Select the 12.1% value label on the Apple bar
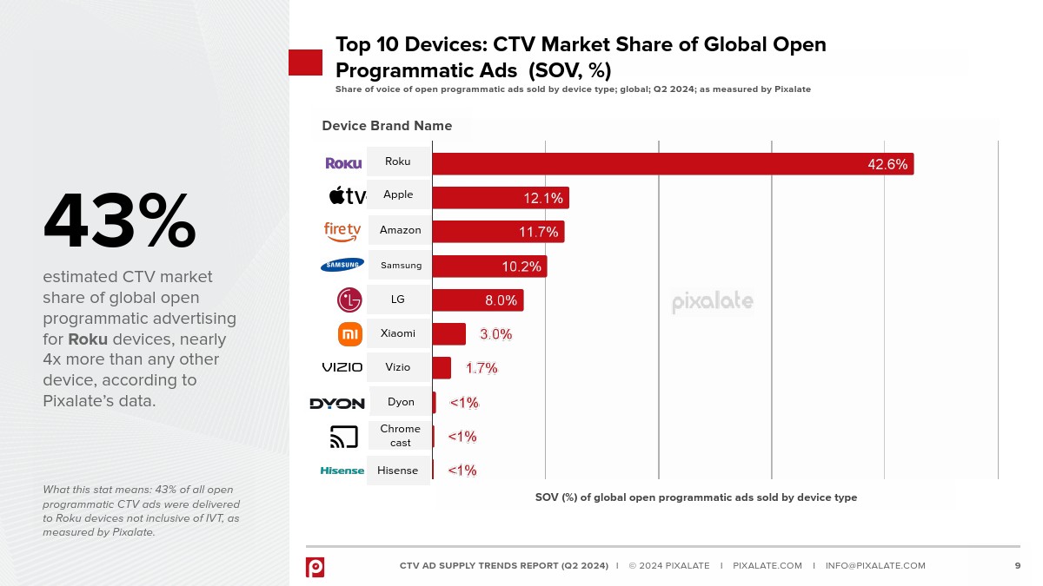pos(543,198)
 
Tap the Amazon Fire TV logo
pos(342,231)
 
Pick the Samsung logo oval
pos(342,265)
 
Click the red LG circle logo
pos(349,300)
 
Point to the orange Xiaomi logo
pos(350,334)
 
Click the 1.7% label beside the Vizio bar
pos(482,368)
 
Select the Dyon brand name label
pos(401,402)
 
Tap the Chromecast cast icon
pos(344,437)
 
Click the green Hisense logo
pos(342,471)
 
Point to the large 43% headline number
pos(120,222)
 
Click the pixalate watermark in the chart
pos(713,302)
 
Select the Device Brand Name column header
pos(387,126)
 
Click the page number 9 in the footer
pos(1018,566)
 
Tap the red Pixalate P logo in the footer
pos(315,567)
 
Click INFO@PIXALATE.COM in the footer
pos(875,566)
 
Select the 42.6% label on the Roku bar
pos(887,164)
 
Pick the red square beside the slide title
pos(305,63)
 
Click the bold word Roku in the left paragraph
pos(88,339)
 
